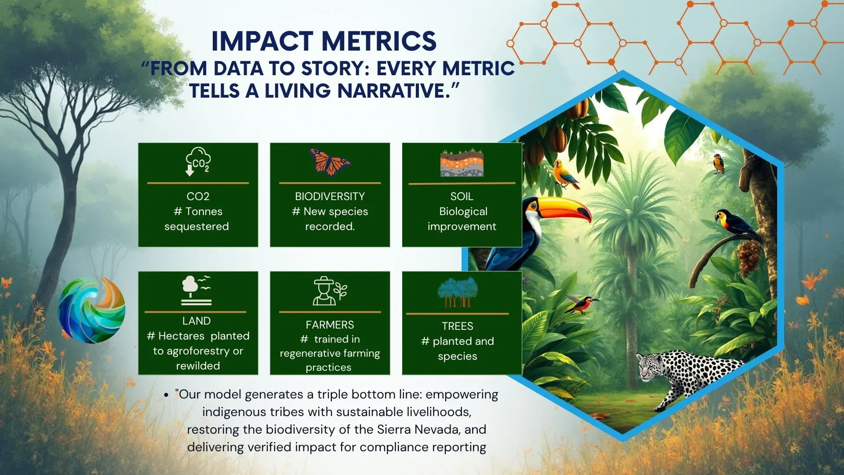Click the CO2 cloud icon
pyautogui.click(x=198, y=161)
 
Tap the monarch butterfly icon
pyautogui.click(x=330, y=161)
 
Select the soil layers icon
pyautogui.click(x=462, y=163)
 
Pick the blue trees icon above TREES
pyautogui.click(x=458, y=292)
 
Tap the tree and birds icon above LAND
pyautogui.click(x=196, y=290)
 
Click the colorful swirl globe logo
pyautogui.click(x=91, y=310)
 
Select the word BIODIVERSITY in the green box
pyautogui.click(x=330, y=196)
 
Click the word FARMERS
pyautogui.click(x=330, y=325)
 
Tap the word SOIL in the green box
pyautogui.click(x=462, y=196)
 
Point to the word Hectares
pyautogui.click(x=181, y=336)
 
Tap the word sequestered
pyautogui.click(x=196, y=227)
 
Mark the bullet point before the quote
pyautogui.click(x=166, y=395)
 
